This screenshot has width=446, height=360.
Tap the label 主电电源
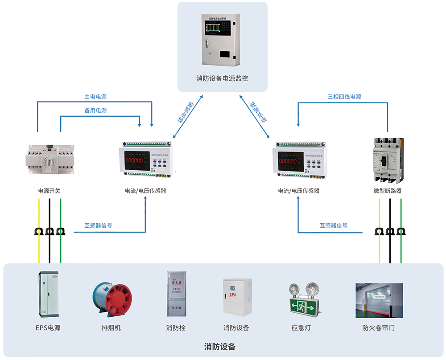point(95,97)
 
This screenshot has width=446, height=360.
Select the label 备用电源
point(95,110)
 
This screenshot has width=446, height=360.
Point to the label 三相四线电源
point(344,97)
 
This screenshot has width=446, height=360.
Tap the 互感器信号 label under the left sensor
point(98,225)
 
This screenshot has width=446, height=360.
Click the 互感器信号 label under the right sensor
point(333,225)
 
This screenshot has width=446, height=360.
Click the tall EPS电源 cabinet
point(48,295)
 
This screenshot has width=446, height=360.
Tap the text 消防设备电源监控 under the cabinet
point(222,78)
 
